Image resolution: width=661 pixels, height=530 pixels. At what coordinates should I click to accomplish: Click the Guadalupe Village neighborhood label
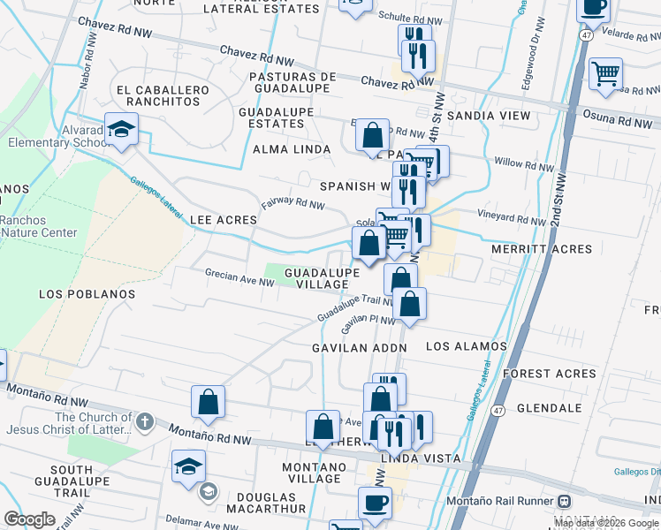pos(322,279)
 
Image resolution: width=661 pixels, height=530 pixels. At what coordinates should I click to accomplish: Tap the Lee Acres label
pos(224,219)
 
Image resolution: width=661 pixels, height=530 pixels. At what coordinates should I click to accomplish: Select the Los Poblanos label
pos(87,293)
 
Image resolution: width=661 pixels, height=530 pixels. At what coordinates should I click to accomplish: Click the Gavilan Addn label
pos(359,348)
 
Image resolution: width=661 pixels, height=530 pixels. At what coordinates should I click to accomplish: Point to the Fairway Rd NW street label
pos(293,203)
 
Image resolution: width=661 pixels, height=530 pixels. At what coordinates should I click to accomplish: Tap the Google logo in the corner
pos(29,519)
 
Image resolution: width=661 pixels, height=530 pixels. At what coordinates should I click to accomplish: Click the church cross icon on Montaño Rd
pos(146,422)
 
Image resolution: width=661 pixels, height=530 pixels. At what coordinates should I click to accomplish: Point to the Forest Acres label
pos(550,374)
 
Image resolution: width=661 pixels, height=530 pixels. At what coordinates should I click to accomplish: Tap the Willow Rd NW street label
pos(521,163)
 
